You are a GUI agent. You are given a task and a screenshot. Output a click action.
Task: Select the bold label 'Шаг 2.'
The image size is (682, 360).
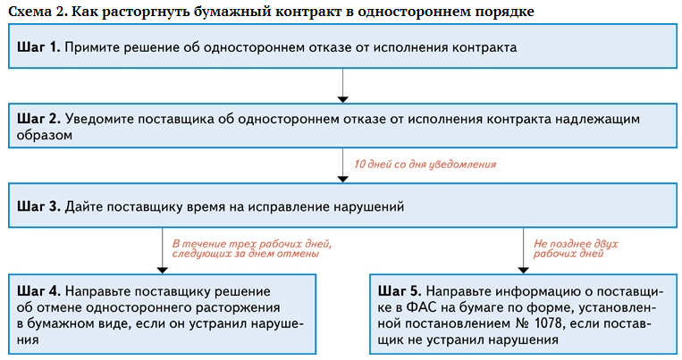tap(37, 118)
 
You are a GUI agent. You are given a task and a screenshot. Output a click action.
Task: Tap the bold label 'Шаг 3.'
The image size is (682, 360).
tap(37, 206)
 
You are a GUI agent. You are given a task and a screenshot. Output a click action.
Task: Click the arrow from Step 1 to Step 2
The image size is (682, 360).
tap(343, 84)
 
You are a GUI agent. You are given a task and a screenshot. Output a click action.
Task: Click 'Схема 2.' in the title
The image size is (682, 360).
tap(32, 11)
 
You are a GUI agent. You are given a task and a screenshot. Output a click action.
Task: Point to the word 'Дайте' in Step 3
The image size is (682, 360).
tap(82, 206)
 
